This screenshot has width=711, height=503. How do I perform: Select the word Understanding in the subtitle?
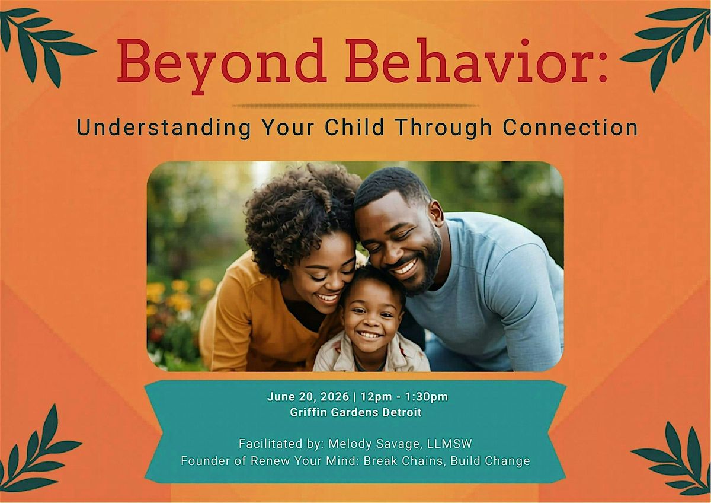(164, 128)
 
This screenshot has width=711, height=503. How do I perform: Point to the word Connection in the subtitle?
(570, 127)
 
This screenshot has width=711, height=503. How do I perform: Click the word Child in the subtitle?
(354, 127)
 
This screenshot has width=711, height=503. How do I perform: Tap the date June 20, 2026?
(308, 397)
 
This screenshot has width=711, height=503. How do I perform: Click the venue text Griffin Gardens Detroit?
(355, 412)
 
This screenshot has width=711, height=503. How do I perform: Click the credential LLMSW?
(450, 444)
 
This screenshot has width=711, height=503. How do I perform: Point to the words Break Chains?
(403, 461)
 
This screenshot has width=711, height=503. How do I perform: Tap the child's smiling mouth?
(369, 335)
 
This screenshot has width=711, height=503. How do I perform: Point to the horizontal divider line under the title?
(355, 106)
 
